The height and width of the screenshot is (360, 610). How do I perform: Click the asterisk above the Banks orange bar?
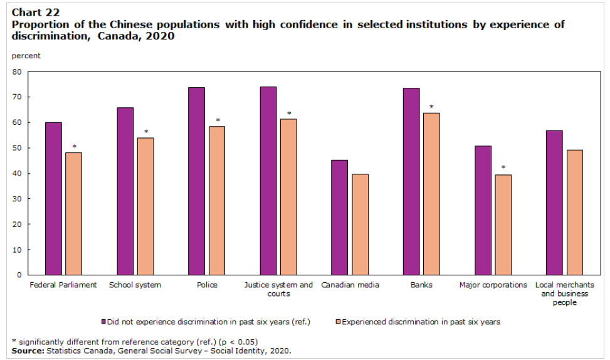point(431,107)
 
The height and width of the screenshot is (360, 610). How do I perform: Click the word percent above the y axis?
point(26,56)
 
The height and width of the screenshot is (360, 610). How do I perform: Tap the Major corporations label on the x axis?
point(493,285)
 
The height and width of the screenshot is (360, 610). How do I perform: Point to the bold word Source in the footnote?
point(26,351)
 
